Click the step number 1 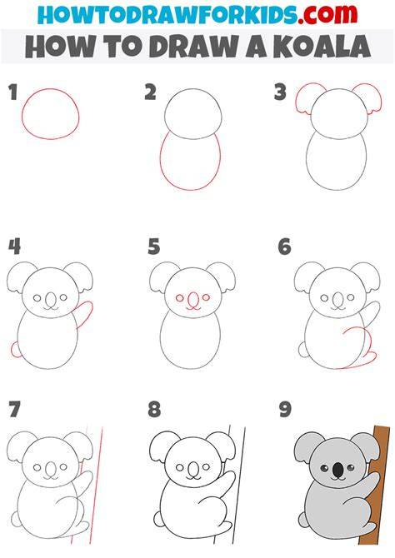click(13, 92)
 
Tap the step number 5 click(153, 247)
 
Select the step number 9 click(285, 409)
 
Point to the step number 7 click(14, 409)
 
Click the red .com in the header click(327, 14)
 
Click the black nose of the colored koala click(337, 471)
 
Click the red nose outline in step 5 click(193, 300)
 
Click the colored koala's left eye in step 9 click(324, 468)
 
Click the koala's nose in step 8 click(193, 469)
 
